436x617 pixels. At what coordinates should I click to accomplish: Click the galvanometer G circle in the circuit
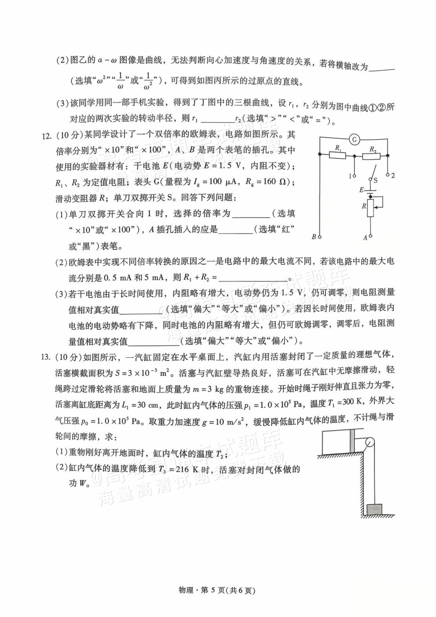point(354,139)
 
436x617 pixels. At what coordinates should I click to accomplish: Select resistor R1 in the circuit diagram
point(337,155)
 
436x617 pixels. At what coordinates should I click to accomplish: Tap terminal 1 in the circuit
point(354,176)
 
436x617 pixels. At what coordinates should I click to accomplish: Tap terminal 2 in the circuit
point(388,175)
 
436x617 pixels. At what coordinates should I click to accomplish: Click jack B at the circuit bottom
point(320,237)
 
